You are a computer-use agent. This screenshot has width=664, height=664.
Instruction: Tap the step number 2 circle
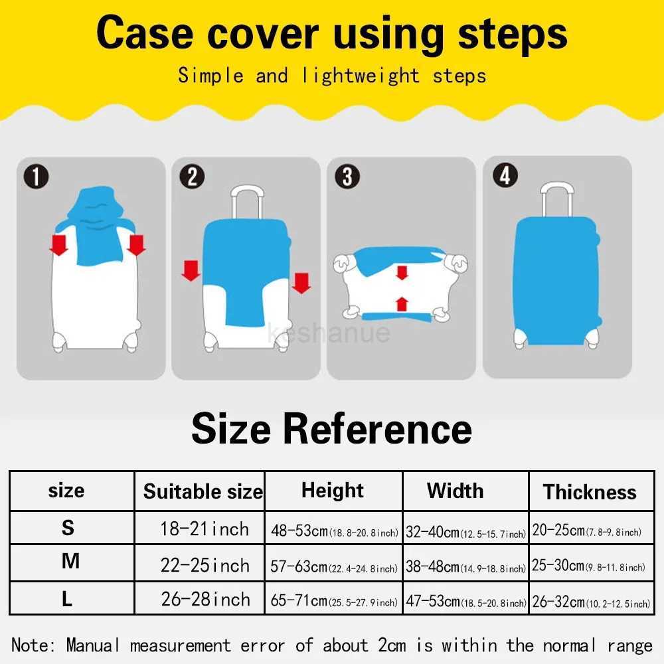click(x=193, y=177)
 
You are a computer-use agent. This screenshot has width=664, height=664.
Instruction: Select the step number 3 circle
click(x=347, y=177)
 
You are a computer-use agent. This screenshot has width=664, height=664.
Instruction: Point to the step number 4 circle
click(x=505, y=176)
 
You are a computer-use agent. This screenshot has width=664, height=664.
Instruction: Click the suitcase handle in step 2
click(x=246, y=203)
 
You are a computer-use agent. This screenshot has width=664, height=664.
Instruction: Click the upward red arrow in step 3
click(x=401, y=304)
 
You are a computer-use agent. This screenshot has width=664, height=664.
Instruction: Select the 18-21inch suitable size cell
click(x=205, y=529)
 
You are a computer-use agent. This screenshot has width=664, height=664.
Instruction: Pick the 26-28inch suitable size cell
click(x=205, y=599)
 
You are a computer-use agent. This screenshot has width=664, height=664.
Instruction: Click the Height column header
click(x=333, y=491)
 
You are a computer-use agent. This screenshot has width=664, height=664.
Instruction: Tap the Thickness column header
click(x=590, y=492)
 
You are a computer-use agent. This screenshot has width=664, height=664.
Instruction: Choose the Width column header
click(x=456, y=491)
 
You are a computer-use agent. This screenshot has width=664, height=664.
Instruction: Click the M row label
click(x=70, y=562)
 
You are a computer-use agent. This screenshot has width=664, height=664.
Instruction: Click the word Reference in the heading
click(x=377, y=428)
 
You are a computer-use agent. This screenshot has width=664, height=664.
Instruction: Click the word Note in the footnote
click(x=35, y=645)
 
